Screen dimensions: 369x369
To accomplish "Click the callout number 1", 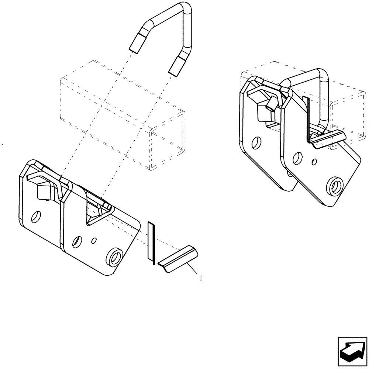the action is (200, 279).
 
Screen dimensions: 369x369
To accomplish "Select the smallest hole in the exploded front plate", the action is (94, 241).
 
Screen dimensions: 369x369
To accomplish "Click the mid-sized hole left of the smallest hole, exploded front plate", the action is (77, 242).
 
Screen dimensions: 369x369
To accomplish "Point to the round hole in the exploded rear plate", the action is (36, 217).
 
